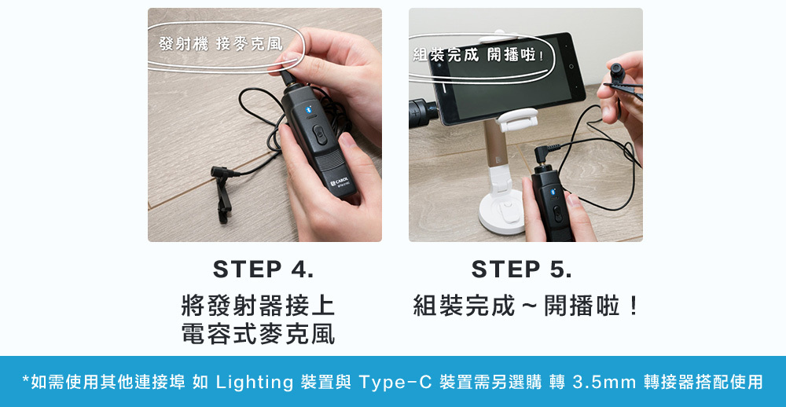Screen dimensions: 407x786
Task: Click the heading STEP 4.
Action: click(x=263, y=269)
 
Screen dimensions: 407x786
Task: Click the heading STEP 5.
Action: click(x=522, y=269)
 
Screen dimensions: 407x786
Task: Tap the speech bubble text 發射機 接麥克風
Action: click(x=220, y=44)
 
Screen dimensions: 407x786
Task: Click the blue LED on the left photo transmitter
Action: click(x=309, y=110)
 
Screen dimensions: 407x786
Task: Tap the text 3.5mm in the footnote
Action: click(x=604, y=383)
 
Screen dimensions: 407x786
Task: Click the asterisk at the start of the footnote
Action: click(x=26, y=381)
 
